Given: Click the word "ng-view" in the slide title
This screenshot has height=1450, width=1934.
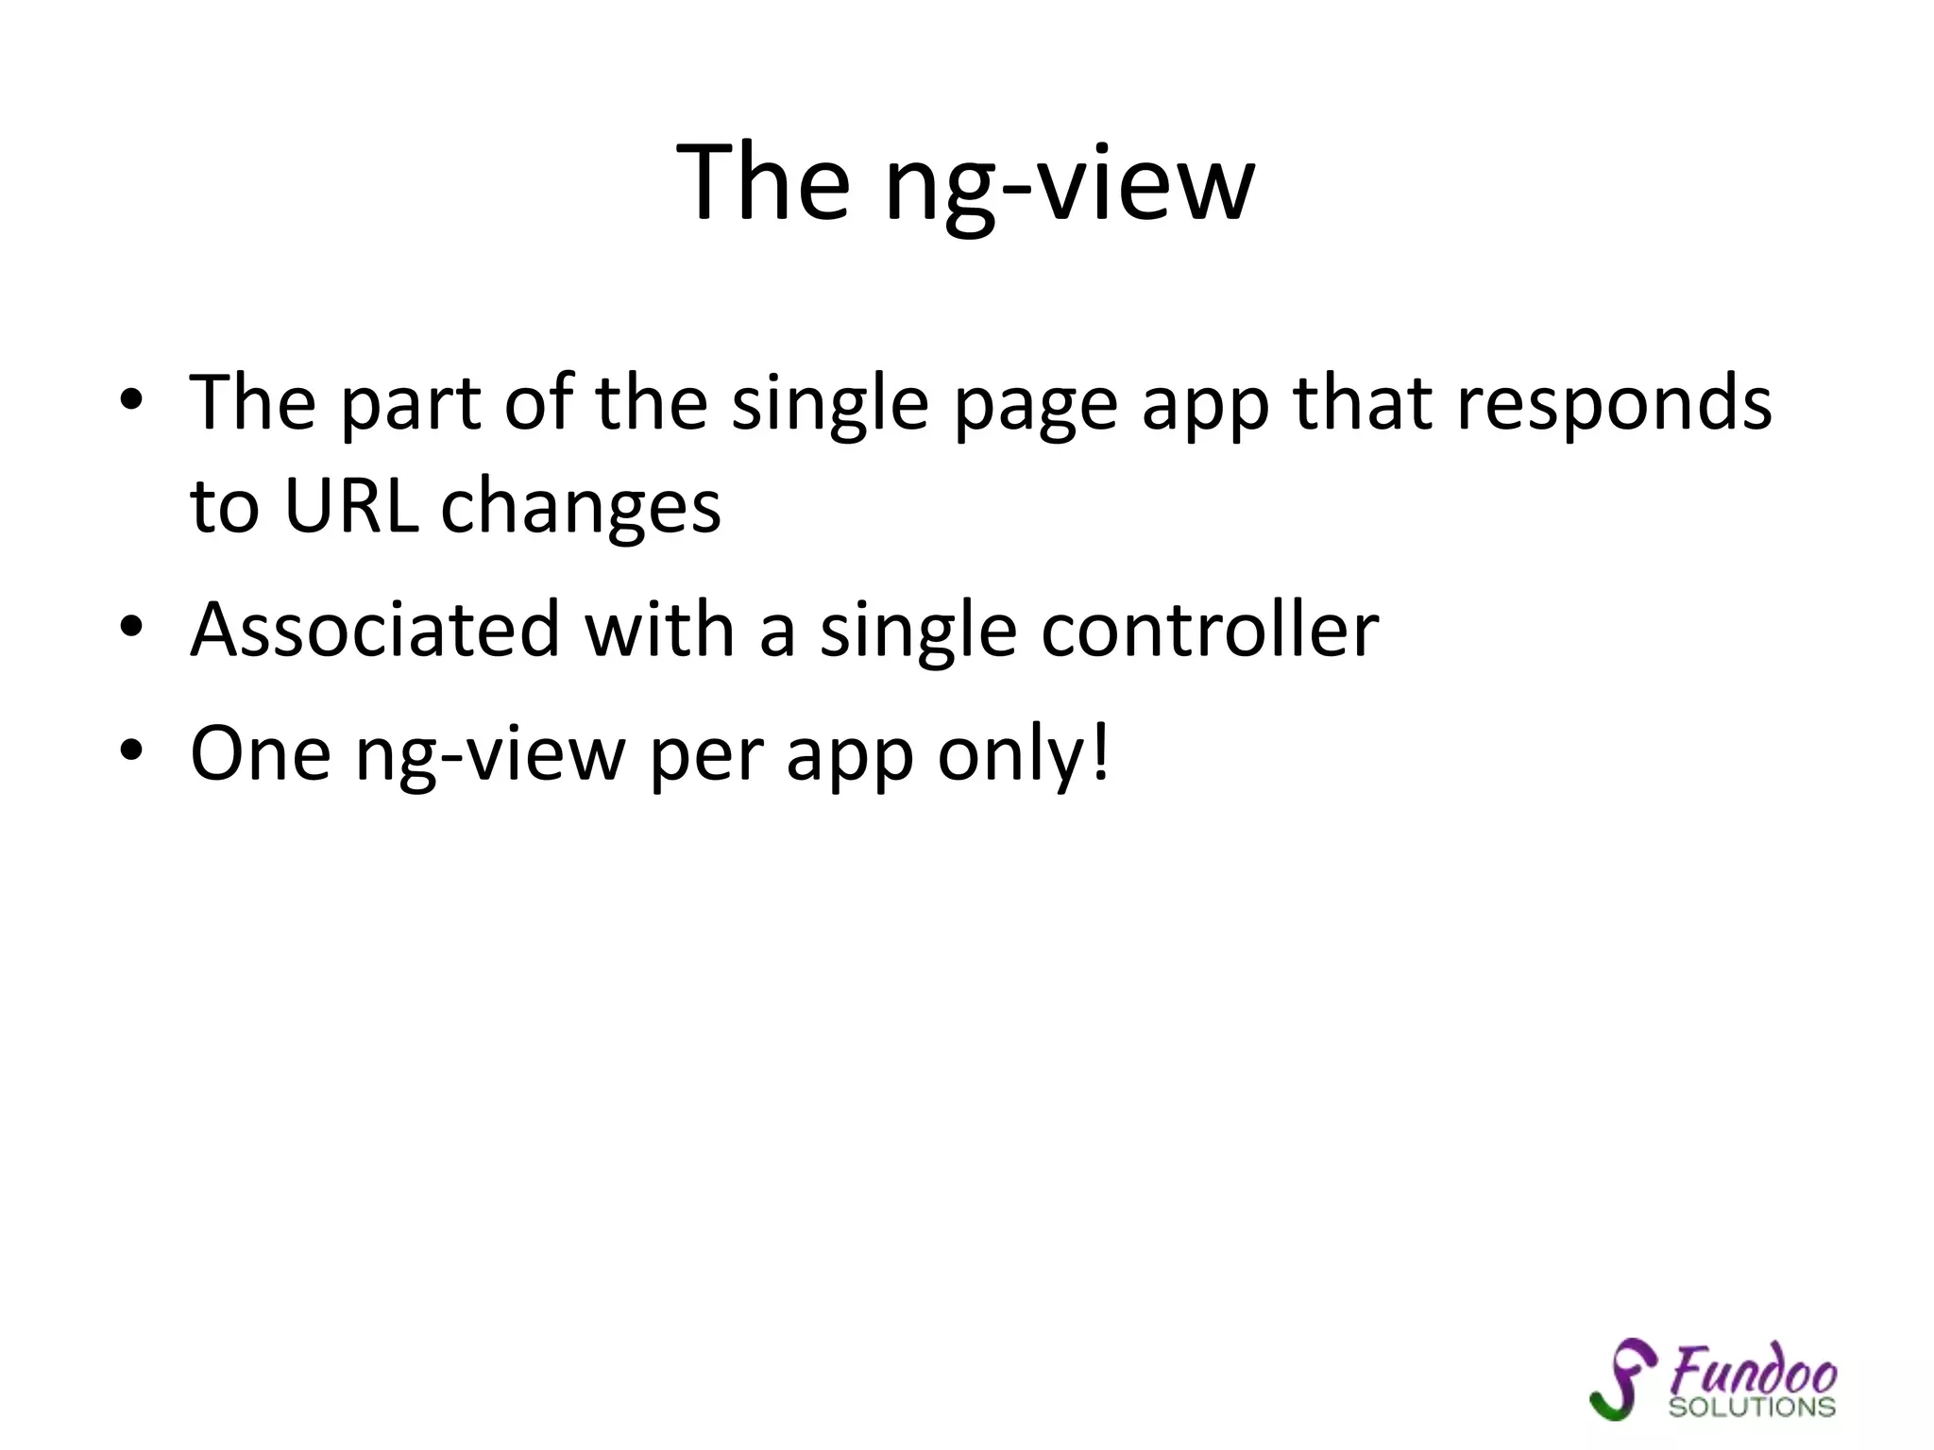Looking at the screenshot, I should click(1070, 184).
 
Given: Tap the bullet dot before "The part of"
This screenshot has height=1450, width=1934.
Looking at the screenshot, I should click(131, 400).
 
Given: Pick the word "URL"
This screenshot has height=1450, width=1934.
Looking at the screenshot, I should click(351, 506).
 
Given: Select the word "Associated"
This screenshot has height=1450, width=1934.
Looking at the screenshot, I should click(376, 630).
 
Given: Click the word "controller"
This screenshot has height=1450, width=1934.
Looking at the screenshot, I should click(1210, 630).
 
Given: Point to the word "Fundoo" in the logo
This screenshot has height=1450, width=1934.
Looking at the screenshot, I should click(1753, 1369).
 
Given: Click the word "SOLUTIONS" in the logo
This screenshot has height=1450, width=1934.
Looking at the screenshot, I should click(1752, 1408).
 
